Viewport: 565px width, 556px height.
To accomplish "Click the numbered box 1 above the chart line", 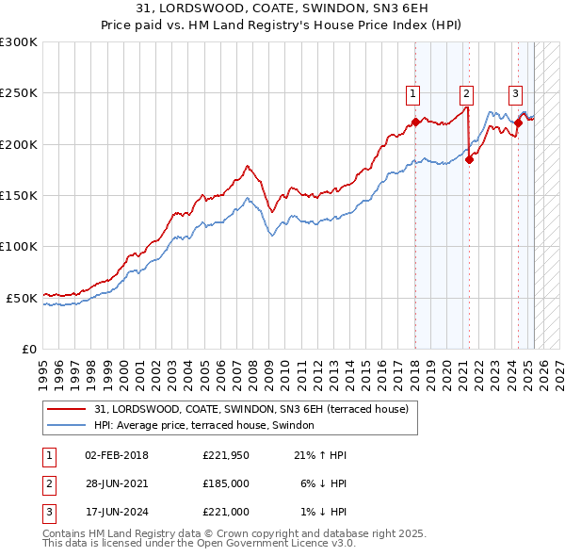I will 413,93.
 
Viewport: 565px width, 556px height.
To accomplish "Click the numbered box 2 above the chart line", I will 466,93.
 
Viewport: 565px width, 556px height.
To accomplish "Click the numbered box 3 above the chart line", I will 516,93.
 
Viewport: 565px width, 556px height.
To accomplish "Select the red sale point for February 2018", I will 415,123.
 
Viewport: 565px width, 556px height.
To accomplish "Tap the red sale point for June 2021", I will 469,159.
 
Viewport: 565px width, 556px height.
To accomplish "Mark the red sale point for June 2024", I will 518,123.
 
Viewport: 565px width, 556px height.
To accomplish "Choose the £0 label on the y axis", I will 28,349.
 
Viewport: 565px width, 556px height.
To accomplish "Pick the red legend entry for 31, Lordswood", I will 250,409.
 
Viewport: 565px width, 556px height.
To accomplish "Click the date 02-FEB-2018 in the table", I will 117,455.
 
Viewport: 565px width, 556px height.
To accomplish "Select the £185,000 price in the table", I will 225,483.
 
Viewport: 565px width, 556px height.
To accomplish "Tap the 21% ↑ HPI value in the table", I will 320,455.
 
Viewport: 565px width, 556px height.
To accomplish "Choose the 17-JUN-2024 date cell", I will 117,512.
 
